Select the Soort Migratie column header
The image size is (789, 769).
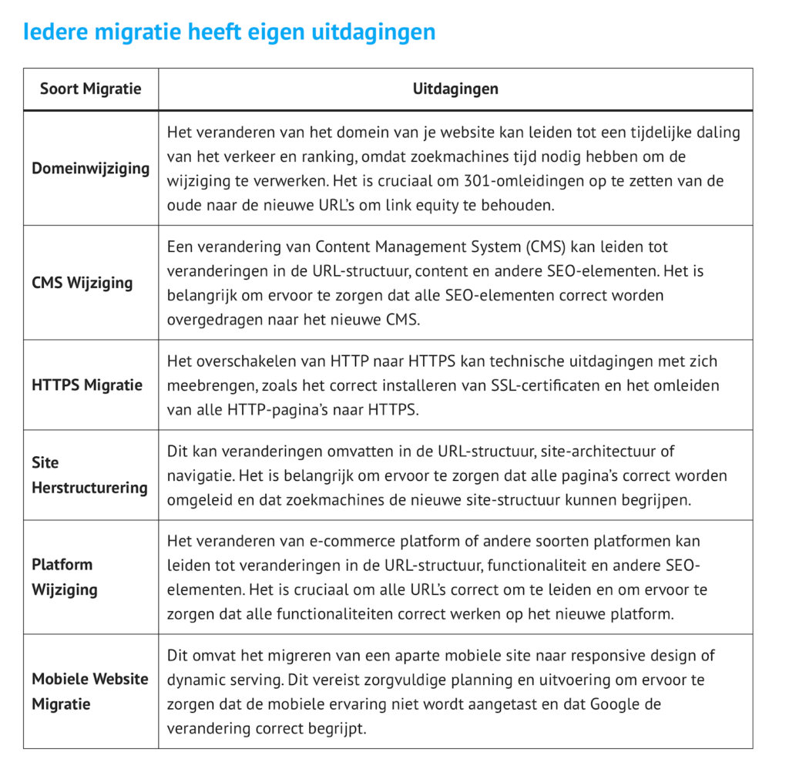click(91, 89)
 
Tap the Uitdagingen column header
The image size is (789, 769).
click(455, 89)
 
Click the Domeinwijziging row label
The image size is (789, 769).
click(91, 168)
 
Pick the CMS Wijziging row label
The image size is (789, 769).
click(82, 283)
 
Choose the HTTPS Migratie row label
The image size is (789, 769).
click(87, 384)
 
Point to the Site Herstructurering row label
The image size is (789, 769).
click(89, 475)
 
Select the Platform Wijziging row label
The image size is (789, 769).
click(65, 576)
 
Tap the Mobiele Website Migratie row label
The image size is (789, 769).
click(90, 691)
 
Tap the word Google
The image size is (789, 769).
click(614, 704)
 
